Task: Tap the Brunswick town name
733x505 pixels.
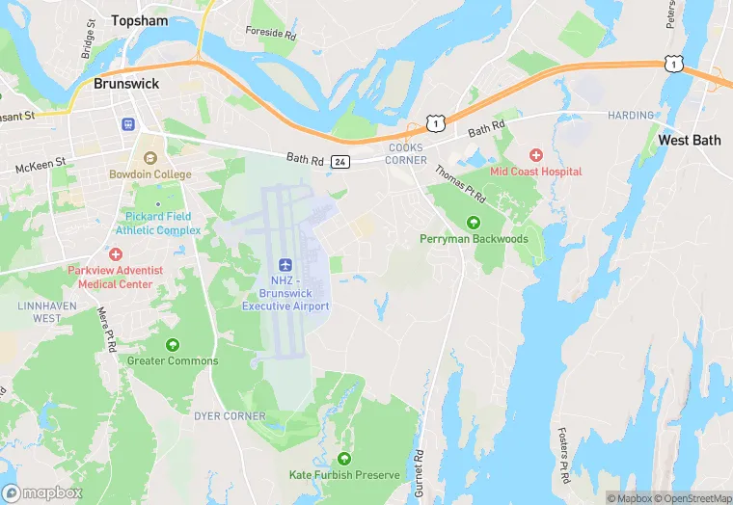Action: point(125,84)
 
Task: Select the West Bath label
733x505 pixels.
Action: point(689,140)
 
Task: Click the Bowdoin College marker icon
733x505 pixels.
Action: point(149,156)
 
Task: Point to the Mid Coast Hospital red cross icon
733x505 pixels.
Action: point(536,154)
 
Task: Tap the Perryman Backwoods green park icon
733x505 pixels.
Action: point(473,222)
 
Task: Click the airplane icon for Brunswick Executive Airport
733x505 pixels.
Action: point(285,265)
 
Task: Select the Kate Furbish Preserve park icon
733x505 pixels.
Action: point(344,458)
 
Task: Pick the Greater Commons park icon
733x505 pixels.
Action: point(173,344)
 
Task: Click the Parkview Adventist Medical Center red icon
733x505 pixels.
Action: point(116,254)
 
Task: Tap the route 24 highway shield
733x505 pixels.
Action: point(339,162)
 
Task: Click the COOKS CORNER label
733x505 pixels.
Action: point(406,153)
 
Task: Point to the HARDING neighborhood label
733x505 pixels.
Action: point(630,116)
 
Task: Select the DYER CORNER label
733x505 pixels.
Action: point(230,416)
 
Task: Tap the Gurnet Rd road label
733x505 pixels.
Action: point(420,472)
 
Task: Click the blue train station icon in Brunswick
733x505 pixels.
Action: point(127,124)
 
